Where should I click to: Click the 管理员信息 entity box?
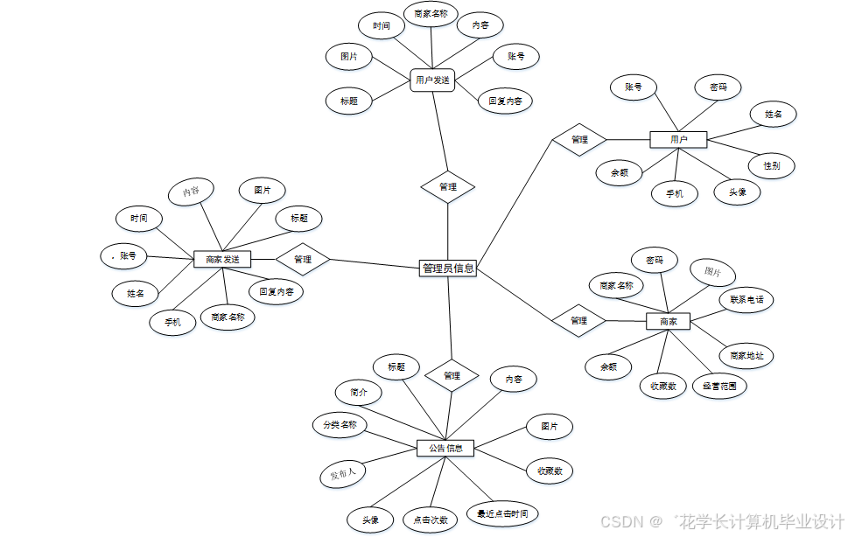pyautogui.click(x=448, y=268)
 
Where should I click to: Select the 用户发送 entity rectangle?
pyautogui.click(x=432, y=80)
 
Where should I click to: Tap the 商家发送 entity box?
pyautogui.click(x=222, y=259)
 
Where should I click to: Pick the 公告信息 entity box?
pyautogui.click(x=445, y=448)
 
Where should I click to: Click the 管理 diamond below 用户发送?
pyautogui.click(x=447, y=186)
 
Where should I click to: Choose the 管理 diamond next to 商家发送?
pyautogui.click(x=303, y=259)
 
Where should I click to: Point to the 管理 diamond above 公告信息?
pyautogui.click(x=452, y=376)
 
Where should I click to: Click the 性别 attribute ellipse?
pyautogui.click(x=771, y=164)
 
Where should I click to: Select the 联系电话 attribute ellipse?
pyautogui.click(x=746, y=299)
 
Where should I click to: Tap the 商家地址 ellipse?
pyautogui.click(x=746, y=355)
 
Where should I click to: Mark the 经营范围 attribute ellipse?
pyautogui.click(x=719, y=385)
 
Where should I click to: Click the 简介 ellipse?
pyautogui.click(x=359, y=393)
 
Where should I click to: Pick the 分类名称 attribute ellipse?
pyautogui.click(x=340, y=425)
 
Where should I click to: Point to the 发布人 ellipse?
pyautogui.click(x=342, y=474)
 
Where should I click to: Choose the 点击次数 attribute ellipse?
pyautogui.click(x=431, y=519)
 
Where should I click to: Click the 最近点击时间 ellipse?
pyautogui.click(x=502, y=513)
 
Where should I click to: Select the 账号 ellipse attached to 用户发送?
pyautogui.click(x=515, y=57)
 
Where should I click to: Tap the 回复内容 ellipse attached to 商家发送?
pyautogui.click(x=277, y=291)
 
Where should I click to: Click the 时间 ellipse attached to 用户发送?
pyautogui.click(x=382, y=26)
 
